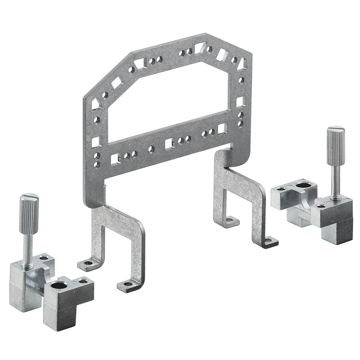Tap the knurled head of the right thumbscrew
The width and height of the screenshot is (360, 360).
(x=335, y=144)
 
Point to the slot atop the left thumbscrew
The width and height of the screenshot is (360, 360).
(x=29, y=197)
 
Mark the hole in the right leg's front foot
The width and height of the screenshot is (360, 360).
(x=269, y=241)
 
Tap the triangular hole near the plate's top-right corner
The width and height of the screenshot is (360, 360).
(x=242, y=64)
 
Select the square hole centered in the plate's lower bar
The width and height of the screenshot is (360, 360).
(x=169, y=144)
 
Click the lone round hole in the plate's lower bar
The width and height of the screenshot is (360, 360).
(x=151, y=148)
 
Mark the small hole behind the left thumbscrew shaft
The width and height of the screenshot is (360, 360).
(x=43, y=257)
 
